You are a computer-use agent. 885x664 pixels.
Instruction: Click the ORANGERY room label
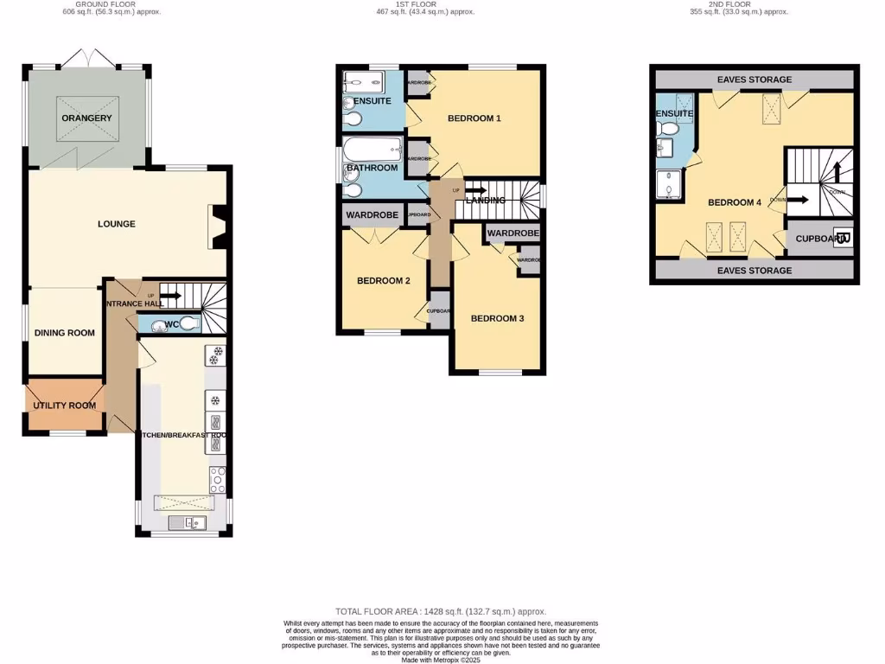click(x=86, y=118)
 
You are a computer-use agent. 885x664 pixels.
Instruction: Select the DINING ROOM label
click(x=65, y=333)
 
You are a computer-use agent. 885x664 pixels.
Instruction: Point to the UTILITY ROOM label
click(x=64, y=405)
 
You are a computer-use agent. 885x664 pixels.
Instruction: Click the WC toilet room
click(x=170, y=325)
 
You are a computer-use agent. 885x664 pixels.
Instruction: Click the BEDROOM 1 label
click(x=474, y=118)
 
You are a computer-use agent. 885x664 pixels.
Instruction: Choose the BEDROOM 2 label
click(x=384, y=281)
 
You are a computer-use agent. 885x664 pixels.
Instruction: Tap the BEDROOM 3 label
click(x=497, y=318)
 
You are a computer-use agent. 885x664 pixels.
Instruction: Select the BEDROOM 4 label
click(x=735, y=202)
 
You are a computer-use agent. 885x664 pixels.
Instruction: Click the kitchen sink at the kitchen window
click(x=184, y=521)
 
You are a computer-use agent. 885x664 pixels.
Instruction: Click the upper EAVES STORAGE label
click(x=754, y=80)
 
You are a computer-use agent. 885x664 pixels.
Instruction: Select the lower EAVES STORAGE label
click(x=754, y=271)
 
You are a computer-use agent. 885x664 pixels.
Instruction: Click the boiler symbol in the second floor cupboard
click(x=844, y=239)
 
